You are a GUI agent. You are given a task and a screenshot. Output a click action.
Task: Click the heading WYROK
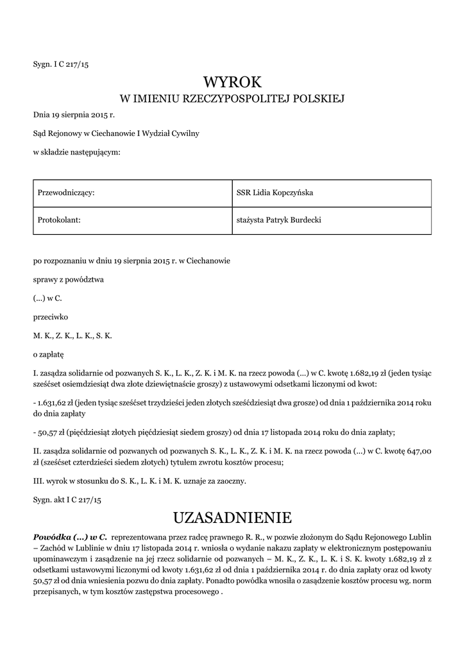pyautogui.click(x=233, y=82)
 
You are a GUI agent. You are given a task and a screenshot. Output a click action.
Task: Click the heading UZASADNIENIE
pyautogui.click(x=233, y=517)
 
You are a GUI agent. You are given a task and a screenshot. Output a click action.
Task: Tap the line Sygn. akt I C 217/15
pyautogui.click(x=67, y=499)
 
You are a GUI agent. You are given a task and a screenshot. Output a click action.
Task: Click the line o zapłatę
pyautogui.click(x=49, y=354)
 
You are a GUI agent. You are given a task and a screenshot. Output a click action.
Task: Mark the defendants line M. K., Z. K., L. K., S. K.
pyautogui.click(x=72, y=336)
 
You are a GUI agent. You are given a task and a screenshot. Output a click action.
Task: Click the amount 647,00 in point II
pyautogui.click(x=417, y=450)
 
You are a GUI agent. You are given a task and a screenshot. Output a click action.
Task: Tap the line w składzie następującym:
pyautogui.click(x=76, y=152)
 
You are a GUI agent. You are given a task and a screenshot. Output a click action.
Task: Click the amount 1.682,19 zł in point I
pyautogui.click(x=349, y=372)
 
